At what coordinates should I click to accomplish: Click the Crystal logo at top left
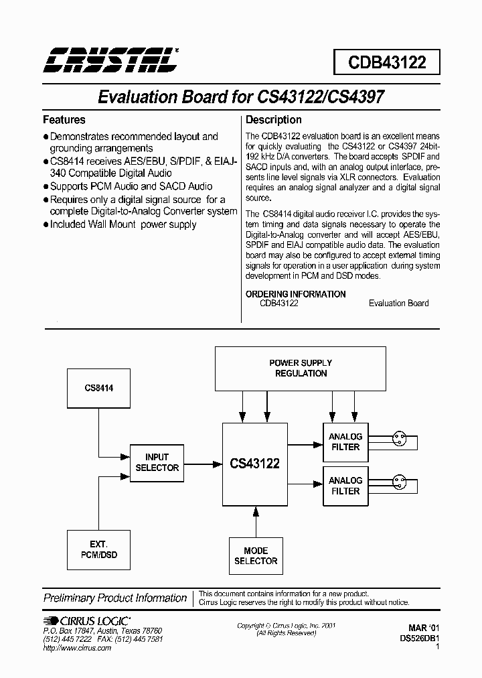coord(111,60)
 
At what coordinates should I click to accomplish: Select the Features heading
coord(64,120)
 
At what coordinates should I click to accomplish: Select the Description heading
coord(273,120)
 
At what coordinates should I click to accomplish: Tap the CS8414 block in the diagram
coord(99,387)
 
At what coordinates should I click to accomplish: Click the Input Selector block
coord(157,462)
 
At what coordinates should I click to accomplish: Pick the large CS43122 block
coord(254,464)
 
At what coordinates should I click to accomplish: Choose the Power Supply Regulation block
coord(300,368)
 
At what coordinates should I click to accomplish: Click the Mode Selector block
coord(256,556)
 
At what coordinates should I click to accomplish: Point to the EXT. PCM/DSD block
coord(99,549)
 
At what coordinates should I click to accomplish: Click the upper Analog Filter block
coord(345,442)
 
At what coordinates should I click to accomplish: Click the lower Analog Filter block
coord(345,486)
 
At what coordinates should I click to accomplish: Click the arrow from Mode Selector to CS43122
coord(256,521)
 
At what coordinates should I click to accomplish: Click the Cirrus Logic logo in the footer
coord(87,621)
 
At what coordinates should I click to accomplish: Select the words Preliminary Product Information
coord(115,598)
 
